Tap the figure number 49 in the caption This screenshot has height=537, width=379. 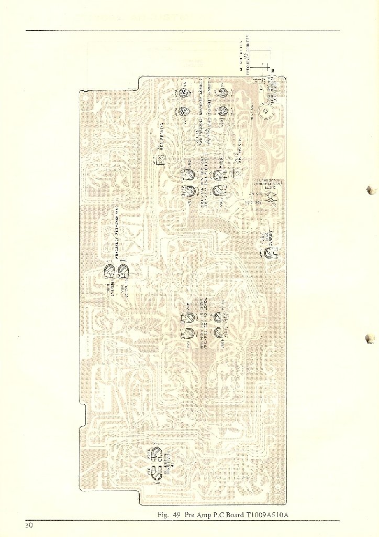tap(177, 514)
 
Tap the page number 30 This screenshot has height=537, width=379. tap(29, 525)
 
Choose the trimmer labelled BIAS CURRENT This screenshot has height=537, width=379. tap(269, 254)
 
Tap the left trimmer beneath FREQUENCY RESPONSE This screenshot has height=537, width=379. tap(110, 271)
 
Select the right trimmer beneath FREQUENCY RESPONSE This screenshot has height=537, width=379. tap(124, 271)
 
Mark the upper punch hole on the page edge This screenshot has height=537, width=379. tap(372, 189)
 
